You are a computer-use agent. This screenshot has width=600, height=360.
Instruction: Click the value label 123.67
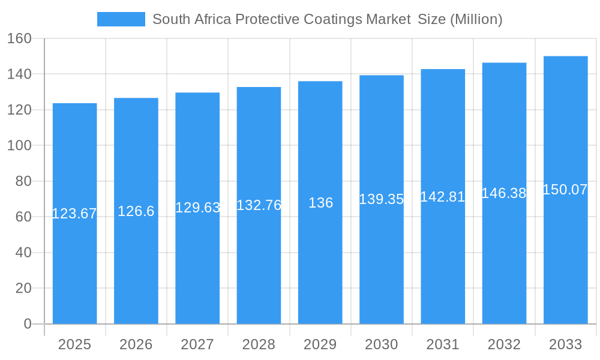[x=74, y=214]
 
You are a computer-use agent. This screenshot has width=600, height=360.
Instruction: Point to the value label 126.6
[x=136, y=211]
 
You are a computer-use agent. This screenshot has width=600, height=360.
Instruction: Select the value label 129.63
[x=197, y=208]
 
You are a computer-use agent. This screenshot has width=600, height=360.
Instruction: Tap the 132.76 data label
[x=259, y=205]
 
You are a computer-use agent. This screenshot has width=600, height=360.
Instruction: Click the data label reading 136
[x=320, y=203]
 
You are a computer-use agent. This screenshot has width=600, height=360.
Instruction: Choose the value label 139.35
[x=382, y=199]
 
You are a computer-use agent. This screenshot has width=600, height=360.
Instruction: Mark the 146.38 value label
[x=504, y=193]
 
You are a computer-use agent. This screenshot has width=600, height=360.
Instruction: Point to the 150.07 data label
[x=565, y=190]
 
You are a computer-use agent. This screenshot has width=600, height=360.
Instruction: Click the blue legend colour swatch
[x=121, y=19]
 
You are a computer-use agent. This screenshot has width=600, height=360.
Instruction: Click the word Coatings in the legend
[x=332, y=19]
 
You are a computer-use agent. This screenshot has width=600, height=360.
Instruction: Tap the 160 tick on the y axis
[x=19, y=38]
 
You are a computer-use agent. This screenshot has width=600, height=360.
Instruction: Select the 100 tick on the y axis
[x=19, y=145]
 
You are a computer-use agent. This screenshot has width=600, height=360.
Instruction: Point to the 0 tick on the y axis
[x=27, y=324]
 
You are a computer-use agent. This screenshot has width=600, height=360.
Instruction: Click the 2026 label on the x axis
[x=136, y=344]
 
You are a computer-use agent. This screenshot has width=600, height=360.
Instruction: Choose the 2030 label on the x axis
[x=382, y=344]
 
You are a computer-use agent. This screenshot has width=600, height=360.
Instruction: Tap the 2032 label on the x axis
[x=504, y=344]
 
